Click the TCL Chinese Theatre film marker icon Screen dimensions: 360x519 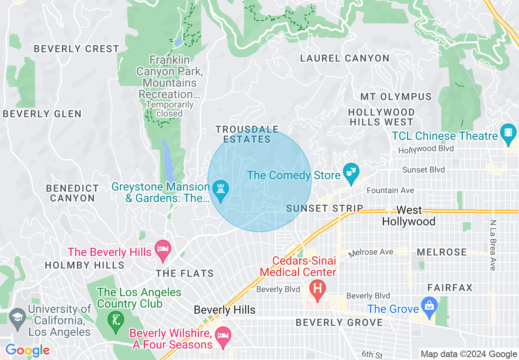pos(508,133)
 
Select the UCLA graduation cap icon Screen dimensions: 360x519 pos(17,318)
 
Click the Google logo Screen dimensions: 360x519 pos(27,350)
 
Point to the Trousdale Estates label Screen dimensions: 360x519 pos(247,135)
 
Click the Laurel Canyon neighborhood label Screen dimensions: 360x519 pos(345,59)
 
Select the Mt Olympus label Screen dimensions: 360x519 pos(396,97)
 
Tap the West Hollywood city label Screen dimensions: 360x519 pos(408,216)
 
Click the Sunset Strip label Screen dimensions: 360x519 pos(325,208)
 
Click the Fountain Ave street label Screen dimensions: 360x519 pos(390,190)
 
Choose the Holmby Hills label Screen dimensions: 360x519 pos(84,265)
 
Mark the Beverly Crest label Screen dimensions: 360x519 pos(76,49)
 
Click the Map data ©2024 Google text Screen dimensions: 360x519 pos(469,354)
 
